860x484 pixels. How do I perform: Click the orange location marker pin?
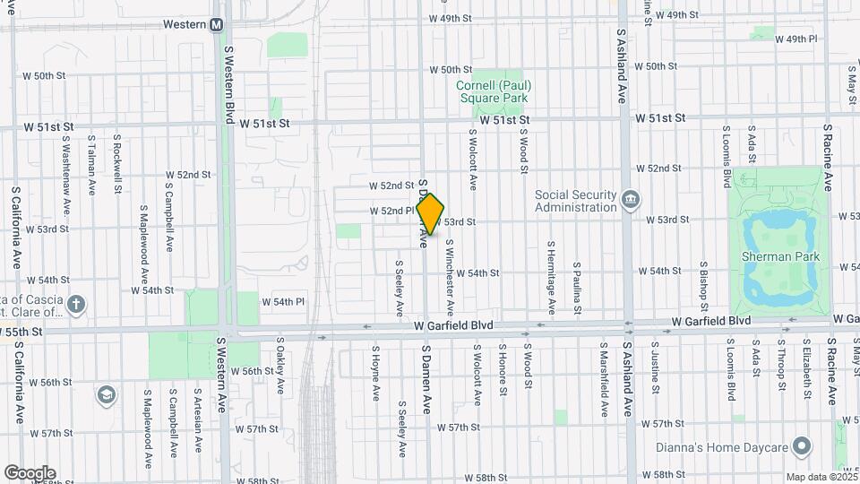[431, 214]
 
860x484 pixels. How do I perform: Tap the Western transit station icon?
[217, 24]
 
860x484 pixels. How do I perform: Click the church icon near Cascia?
[76, 304]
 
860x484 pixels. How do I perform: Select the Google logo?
[30, 472]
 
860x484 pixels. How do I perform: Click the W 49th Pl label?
[795, 39]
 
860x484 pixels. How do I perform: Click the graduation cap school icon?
[107, 394]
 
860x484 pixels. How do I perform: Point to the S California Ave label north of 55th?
[15, 228]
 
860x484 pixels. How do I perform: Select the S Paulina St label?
[578, 288]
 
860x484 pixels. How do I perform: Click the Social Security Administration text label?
[576, 201]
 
